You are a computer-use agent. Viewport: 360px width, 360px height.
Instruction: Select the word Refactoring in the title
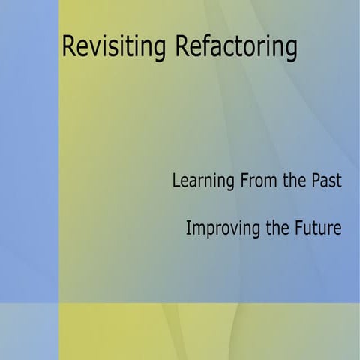coord(236,46)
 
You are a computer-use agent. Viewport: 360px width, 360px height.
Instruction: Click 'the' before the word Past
coord(295,181)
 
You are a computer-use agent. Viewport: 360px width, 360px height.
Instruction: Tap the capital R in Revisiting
coord(69,46)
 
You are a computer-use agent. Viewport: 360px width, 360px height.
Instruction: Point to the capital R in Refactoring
coord(181,46)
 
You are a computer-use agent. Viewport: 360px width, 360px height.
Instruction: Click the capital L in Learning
coord(176,181)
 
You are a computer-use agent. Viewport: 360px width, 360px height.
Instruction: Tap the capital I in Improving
coord(188,228)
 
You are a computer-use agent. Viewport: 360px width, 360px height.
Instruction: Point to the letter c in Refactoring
coord(223,47)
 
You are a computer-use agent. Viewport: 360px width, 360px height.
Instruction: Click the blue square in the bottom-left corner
coord(29,331)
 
